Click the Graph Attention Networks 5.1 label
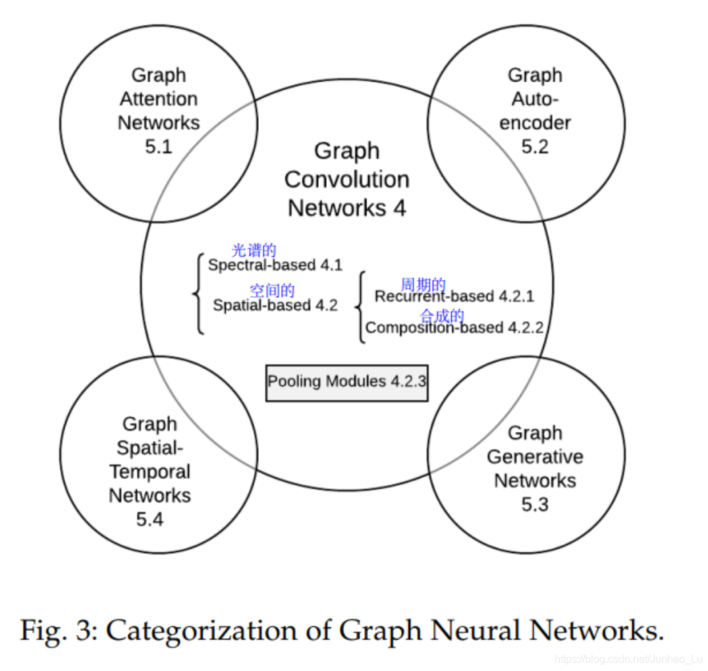[x=158, y=111]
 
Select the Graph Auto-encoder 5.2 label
[x=534, y=111]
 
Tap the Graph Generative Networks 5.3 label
[x=534, y=468]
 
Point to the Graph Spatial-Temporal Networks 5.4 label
[x=150, y=471]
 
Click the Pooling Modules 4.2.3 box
[x=347, y=383]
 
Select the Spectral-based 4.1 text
[x=275, y=265]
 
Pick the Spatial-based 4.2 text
[x=275, y=306]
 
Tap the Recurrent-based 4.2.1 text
[x=454, y=297]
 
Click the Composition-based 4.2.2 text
[x=454, y=328]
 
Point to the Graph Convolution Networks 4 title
[x=347, y=179]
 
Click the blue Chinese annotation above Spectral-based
[x=254, y=250]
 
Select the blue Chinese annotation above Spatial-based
[x=272, y=291]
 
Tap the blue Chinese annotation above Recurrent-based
[x=423, y=285]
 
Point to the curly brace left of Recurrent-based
[x=360, y=307]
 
